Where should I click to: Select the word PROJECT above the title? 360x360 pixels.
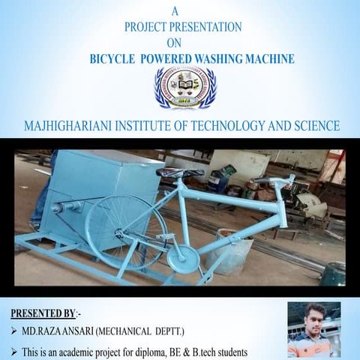point(145,26)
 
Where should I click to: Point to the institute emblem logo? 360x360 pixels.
point(184,88)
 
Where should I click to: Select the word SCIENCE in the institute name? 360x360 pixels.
point(316,125)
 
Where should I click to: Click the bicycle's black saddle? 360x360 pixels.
point(179,173)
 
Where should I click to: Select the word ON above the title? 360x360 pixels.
point(174,42)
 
